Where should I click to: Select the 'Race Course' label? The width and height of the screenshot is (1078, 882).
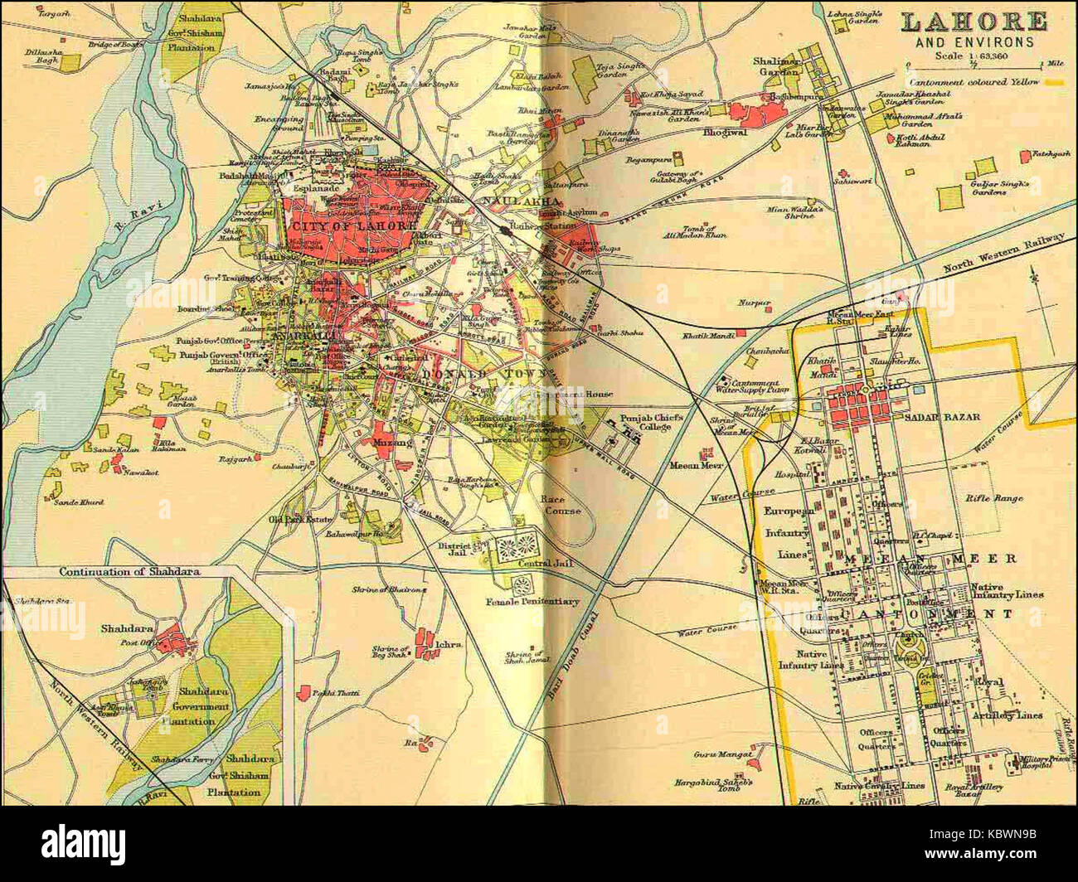pos(552,505)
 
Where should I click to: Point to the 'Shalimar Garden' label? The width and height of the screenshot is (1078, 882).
pos(776,66)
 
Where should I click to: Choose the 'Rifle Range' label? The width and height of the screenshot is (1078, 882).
pos(993,498)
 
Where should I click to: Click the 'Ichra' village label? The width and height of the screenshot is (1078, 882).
pos(451,642)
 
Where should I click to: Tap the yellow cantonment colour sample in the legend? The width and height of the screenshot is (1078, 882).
pos(1055,82)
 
